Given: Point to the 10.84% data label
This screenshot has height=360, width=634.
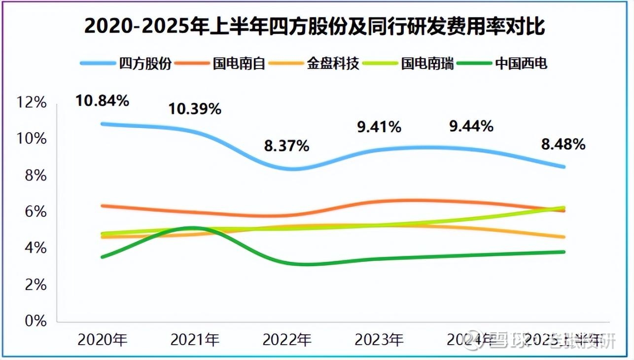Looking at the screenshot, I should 102,101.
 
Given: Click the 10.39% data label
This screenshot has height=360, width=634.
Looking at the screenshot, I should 195,108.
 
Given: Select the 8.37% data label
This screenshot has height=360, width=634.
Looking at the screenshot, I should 287,146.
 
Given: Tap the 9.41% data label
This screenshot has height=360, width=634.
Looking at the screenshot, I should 379,127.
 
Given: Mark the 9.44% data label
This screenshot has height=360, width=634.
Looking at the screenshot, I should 471,126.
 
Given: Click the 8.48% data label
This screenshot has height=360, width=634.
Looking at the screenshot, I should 563,144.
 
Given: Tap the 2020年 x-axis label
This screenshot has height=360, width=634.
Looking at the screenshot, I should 103,339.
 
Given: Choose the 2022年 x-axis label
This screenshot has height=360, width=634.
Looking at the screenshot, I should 287,339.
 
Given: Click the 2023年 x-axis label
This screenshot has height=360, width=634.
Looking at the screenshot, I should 379,339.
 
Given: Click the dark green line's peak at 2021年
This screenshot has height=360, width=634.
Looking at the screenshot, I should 192,228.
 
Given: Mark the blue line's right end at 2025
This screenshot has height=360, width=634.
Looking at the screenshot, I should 563,167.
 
